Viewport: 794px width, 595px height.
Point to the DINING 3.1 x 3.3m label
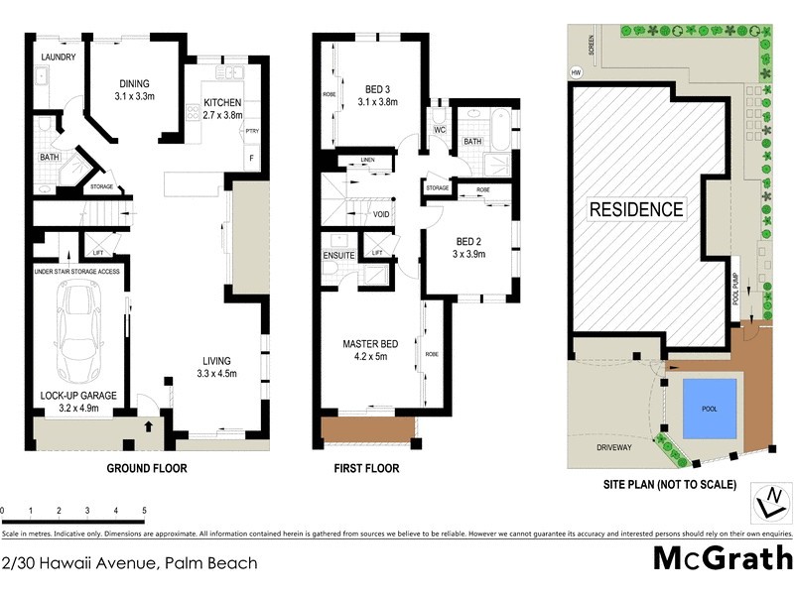pos(135,90)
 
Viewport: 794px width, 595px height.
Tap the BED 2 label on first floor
pos(470,247)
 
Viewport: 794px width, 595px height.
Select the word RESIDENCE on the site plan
pos(636,209)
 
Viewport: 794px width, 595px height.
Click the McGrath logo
pos(721,558)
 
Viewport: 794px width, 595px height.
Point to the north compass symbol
pos(769,504)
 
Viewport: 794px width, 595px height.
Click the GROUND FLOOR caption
pos(147,468)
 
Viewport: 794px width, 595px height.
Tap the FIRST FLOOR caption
pos(367,468)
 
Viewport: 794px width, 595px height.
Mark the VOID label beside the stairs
pos(381,214)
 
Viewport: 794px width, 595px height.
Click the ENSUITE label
pos(338,255)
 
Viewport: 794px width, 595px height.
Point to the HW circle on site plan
pos(576,71)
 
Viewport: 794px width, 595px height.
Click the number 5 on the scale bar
pos(145,510)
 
